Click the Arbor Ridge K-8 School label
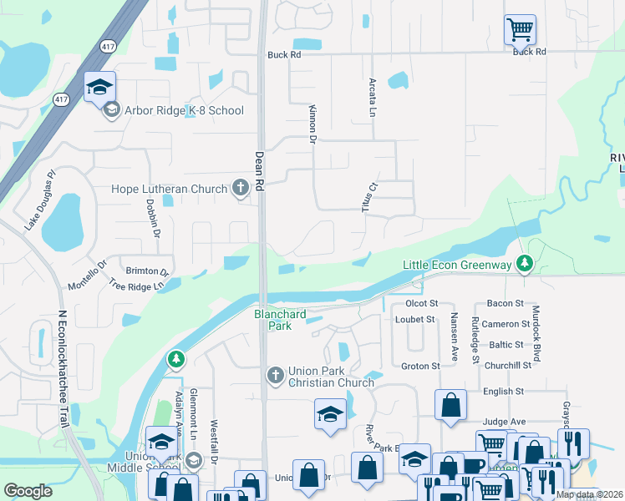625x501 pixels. pos(184,110)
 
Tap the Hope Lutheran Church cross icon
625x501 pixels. pos(240,188)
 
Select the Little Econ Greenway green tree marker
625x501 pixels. pos(524,264)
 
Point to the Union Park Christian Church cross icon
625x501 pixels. pos(276,376)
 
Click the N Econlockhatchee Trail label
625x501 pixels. pos(62,367)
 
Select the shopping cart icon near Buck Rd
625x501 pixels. pos(520,31)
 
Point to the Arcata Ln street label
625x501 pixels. pos(372,98)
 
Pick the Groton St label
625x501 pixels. pos(420,366)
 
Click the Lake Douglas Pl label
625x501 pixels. pos(39,191)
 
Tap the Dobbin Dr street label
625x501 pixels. pos(154,219)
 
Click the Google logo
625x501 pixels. pos(28,491)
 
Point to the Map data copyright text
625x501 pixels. pos(589,494)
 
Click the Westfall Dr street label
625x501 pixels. pos(214,443)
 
